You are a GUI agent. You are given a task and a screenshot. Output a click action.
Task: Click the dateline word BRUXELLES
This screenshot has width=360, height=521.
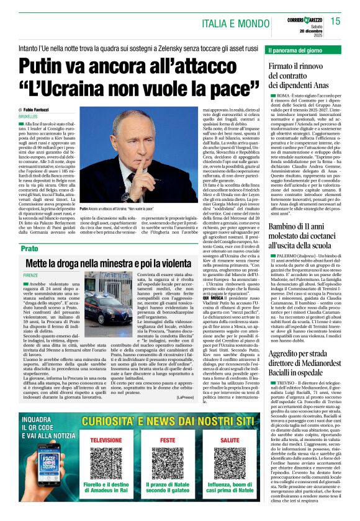click(x=28, y=116)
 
